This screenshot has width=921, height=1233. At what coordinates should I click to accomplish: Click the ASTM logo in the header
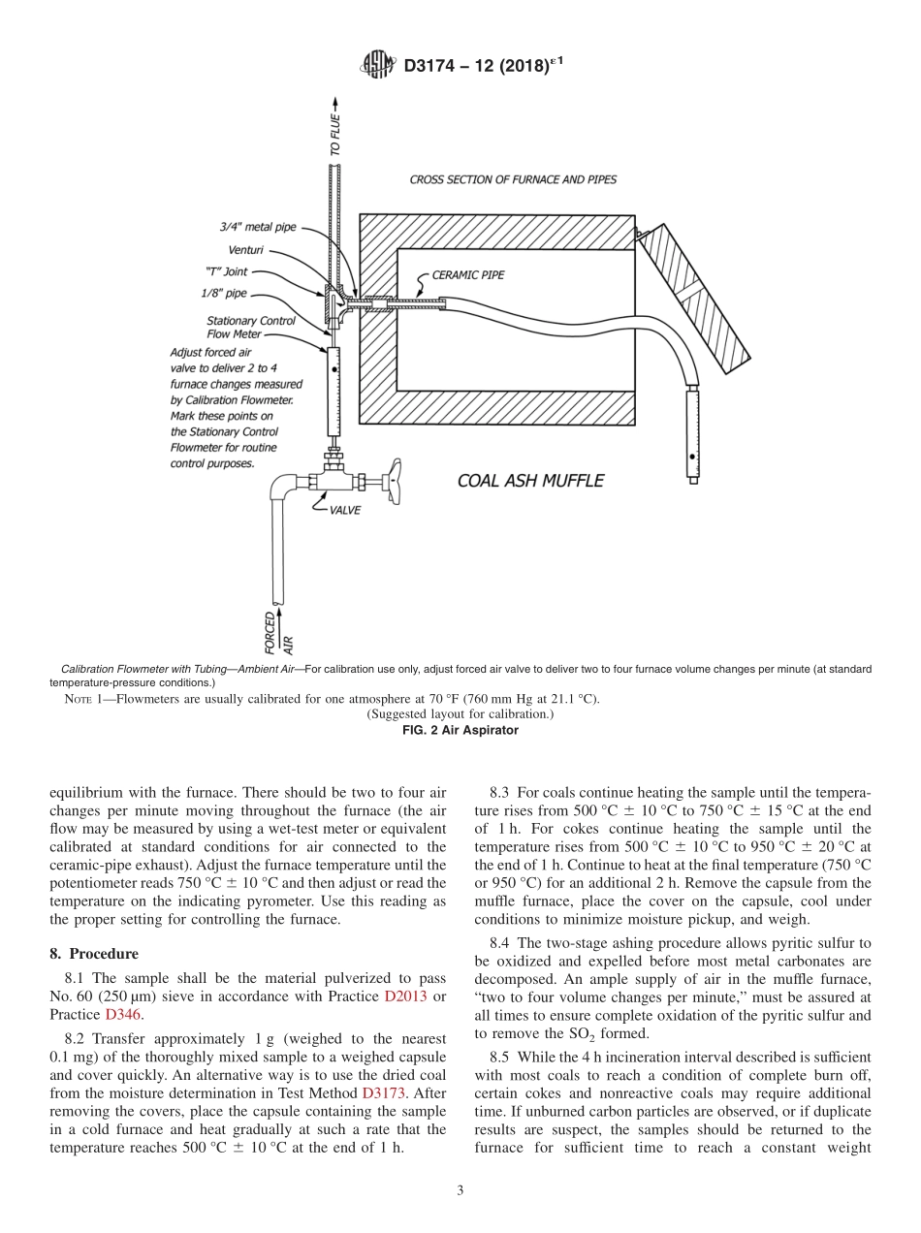378,65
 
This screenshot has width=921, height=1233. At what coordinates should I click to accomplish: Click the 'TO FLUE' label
335,135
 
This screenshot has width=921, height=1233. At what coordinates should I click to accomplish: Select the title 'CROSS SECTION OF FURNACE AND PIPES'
512,179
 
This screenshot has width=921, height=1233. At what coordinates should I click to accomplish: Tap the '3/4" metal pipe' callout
257,228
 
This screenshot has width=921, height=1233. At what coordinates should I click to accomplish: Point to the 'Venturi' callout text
245,250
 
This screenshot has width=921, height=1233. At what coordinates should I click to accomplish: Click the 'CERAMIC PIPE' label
467,275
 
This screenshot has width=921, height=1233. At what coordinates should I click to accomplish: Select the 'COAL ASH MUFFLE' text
530,481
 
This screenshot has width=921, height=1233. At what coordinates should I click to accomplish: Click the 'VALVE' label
344,511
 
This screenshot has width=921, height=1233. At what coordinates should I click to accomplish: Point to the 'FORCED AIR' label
279,631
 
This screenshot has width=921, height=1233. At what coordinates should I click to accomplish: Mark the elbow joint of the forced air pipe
284,486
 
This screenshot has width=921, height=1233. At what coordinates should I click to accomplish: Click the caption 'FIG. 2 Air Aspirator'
460,730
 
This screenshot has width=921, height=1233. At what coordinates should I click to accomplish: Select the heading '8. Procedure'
94,953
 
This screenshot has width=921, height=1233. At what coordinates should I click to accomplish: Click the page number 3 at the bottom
460,1190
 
